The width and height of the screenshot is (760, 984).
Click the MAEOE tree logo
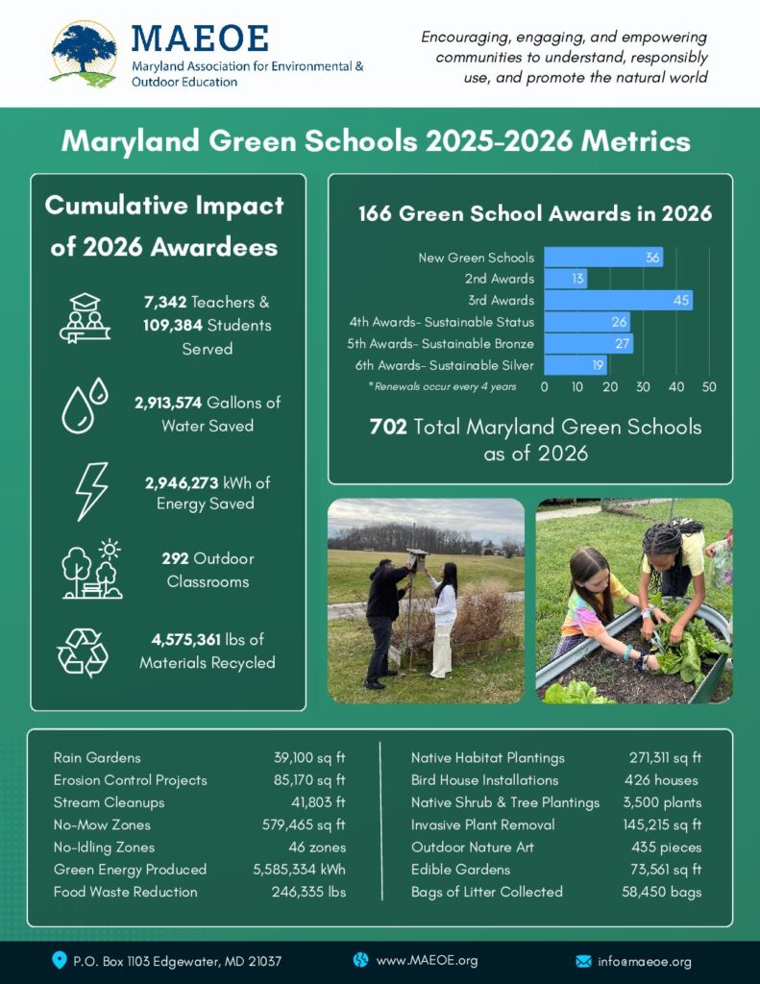click(84, 53)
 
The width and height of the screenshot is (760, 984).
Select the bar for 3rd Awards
click(618, 301)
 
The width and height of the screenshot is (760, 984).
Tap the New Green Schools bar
click(603, 258)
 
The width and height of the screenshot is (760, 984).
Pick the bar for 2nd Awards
click(565, 279)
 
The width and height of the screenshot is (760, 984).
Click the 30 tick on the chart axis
click(644, 386)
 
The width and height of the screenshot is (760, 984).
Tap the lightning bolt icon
click(91, 491)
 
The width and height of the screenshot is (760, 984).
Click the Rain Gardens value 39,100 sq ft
click(309, 758)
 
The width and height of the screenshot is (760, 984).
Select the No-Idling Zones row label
click(104, 848)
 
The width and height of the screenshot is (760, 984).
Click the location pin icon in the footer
click(60, 960)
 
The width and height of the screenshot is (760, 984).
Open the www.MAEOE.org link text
click(427, 960)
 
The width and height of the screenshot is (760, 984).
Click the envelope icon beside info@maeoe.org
click(583, 961)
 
